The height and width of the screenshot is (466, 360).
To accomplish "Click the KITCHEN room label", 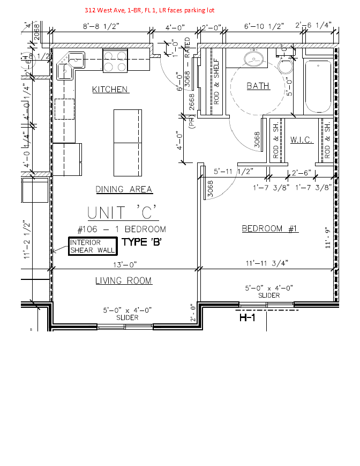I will pos(110,89).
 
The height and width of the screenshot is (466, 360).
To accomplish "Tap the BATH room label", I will pos(258,86).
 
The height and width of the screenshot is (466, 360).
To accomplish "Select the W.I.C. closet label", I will pos(301,140).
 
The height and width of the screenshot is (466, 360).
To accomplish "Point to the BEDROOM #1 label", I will pos(270,229).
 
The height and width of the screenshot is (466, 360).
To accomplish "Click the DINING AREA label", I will pos(124,189).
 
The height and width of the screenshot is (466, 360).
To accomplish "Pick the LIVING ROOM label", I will pos(123,280).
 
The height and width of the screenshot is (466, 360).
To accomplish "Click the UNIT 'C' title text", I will pos(123,212).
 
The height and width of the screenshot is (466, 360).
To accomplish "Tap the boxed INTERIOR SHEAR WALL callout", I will pos(92,247).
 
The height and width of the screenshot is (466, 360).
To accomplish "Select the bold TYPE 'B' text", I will pos(142,242).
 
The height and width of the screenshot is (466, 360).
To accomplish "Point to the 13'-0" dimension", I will pos(125,264).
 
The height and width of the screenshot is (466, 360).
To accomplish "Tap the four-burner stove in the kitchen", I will pos(114,60).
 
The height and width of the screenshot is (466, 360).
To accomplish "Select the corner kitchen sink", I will pos(70,64).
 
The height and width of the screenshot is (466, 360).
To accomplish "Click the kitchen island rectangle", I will pos(128,142).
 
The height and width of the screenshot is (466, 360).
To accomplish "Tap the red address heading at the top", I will pos(149,10).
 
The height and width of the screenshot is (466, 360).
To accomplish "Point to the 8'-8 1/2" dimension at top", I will pos(101,26).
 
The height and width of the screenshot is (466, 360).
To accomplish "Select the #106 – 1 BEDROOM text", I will pos(122,230).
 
